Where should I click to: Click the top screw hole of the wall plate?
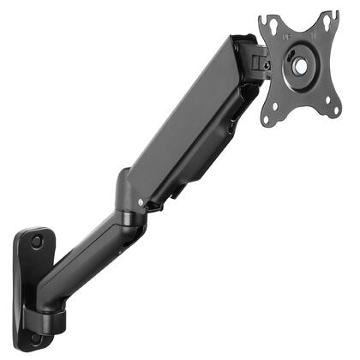pos(36,243)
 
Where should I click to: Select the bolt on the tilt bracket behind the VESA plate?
pos(267,64)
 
